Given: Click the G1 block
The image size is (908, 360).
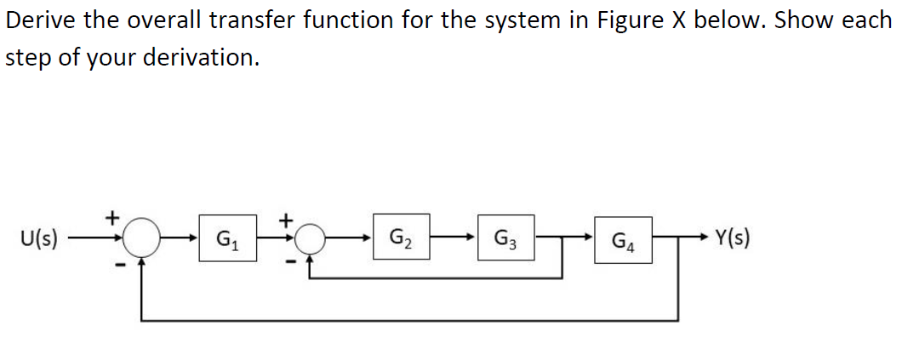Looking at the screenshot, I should [x=228, y=238].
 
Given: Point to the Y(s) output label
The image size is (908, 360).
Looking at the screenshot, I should [x=733, y=237].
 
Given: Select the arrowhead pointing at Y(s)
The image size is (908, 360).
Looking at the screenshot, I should [x=705, y=237].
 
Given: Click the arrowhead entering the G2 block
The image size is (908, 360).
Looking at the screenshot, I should [x=367, y=237].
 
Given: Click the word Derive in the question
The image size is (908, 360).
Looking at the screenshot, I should [x=41, y=20].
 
